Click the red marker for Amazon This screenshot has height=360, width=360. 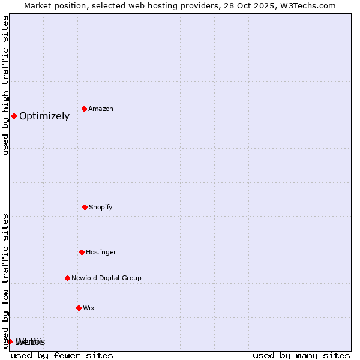pos(84,109)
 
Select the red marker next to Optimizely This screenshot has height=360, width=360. pos(14,116)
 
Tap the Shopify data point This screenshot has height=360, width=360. pos(85,207)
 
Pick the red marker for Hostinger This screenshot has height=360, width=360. pos(82,252)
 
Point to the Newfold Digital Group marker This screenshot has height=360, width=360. pos(67,278)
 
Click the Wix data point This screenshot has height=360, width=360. pos(79,308)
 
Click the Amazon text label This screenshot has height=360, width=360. pos(101,109)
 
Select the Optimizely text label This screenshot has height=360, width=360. pos(44,116)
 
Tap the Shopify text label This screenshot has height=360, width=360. pos(101,207)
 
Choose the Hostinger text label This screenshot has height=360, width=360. pos(101,252)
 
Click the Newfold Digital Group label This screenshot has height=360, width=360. pos(106,278)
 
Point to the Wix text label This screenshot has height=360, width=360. pos(89,308)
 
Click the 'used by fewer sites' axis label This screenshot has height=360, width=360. pos(62,355)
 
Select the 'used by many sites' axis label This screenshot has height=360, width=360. pos(301,355)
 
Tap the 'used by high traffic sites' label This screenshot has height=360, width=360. pos(5,85)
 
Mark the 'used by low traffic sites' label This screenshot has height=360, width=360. pos(5,281)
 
